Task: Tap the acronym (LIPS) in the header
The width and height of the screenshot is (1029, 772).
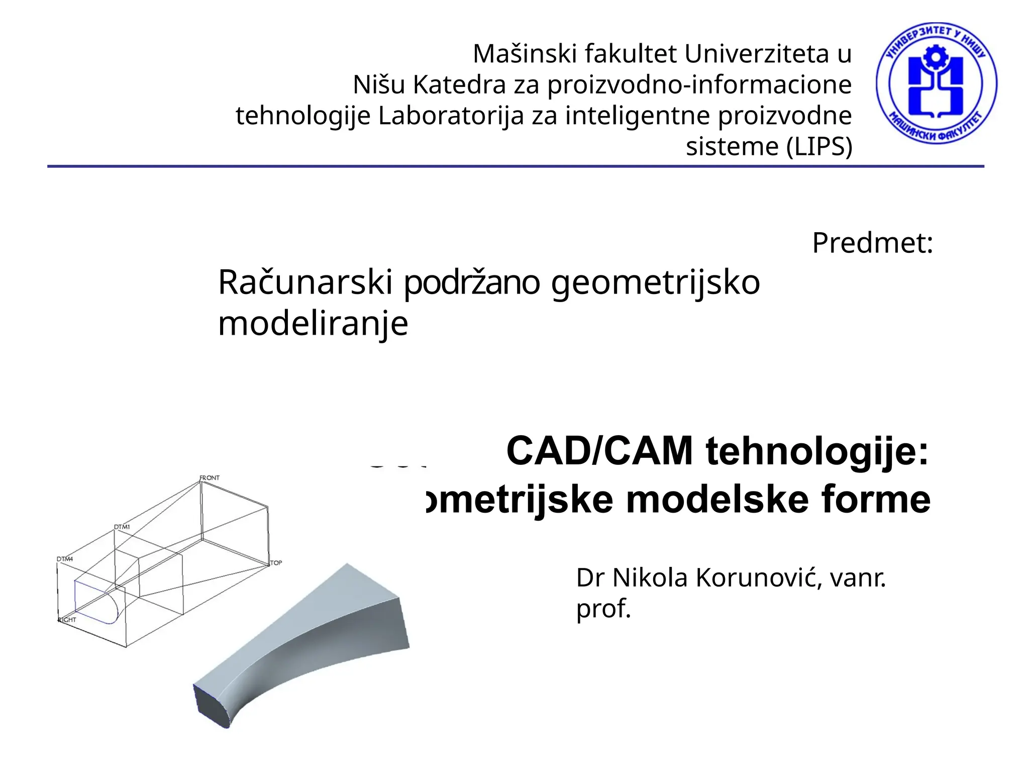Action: click(819, 147)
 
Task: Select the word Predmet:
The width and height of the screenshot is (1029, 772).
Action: click(872, 243)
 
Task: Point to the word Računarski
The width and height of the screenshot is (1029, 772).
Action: click(305, 282)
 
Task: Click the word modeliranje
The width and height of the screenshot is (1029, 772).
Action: click(313, 324)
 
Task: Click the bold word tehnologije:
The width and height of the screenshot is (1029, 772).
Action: click(817, 451)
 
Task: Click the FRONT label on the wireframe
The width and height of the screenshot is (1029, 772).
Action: click(210, 477)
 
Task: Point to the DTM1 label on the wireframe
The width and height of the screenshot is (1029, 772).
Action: click(122, 527)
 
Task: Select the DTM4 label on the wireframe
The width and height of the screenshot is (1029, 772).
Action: click(65, 559)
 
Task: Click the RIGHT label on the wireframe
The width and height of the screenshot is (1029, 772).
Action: click(67, 620)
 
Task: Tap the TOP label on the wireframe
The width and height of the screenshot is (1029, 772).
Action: click(276, 563)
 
